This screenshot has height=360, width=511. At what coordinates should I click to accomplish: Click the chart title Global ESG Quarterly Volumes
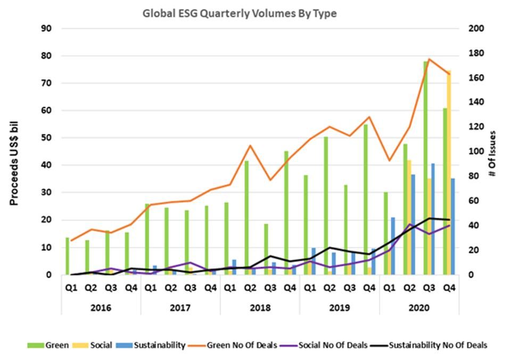click(x=240, y=14)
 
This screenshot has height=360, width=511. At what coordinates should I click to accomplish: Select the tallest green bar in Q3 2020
click(x=425, y=170)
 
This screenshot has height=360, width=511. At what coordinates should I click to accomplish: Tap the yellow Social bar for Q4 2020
click(x=449, y=176)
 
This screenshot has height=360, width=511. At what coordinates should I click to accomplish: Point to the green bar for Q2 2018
click(x=246, y=218)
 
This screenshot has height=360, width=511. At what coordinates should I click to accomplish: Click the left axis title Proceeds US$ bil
click(x=14, y=152)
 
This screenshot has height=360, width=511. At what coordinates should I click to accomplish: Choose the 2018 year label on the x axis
click(x=260, y=308)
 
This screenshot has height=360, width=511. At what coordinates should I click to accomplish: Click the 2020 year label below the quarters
click(x=419, y=308)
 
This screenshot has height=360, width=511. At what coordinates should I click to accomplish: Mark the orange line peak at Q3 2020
click(x=429, y=59)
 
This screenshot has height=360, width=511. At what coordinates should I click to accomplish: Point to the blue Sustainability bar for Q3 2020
click(x=433, y=219)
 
